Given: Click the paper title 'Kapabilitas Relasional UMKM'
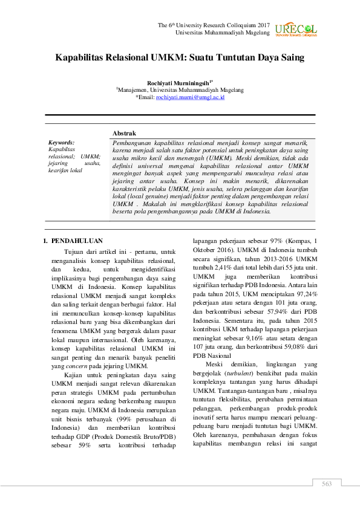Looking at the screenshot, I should click(180, 59).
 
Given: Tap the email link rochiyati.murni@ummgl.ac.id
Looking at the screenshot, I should click(173, 97).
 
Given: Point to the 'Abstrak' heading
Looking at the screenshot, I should click(124, 133).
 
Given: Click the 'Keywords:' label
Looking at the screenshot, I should click(61, 142).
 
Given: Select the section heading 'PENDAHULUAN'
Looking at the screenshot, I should click(77, 240).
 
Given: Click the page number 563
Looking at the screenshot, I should click(327, 484).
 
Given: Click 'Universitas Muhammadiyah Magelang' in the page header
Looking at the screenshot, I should click(222, 32).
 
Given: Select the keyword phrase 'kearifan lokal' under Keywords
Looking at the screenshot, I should click(65, 170).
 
